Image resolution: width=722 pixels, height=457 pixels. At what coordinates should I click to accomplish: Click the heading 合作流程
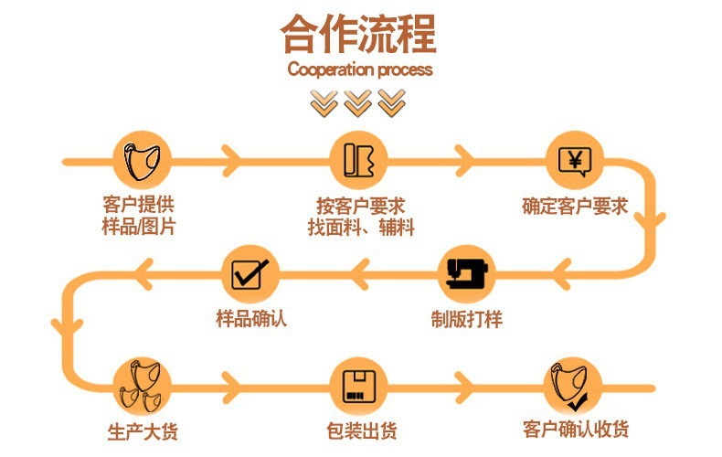(358, 36)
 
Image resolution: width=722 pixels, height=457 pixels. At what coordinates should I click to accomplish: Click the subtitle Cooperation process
(359, 69)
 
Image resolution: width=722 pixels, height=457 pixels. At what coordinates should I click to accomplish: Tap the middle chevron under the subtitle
(357, 101)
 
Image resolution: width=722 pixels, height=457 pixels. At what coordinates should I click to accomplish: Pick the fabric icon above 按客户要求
(359, 160)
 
